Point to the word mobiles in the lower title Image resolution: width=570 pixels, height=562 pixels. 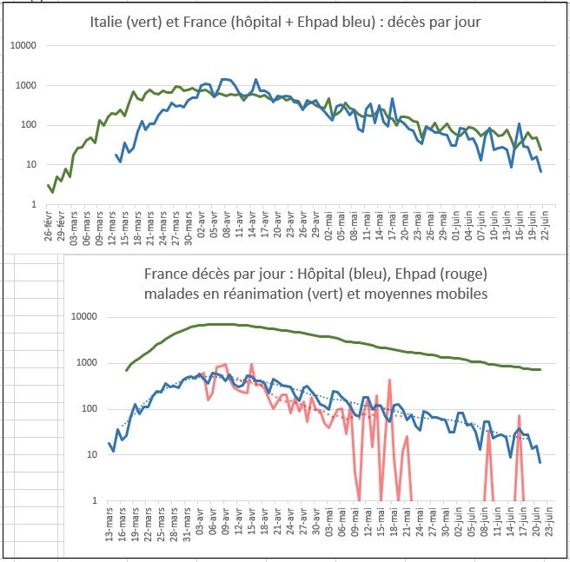[x=461, y=294]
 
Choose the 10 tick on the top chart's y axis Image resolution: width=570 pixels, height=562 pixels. [x=35, y=165]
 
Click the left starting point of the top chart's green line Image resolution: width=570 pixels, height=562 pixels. [x=49, y=185]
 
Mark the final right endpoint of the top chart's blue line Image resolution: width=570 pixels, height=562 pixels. [x=540, y=171]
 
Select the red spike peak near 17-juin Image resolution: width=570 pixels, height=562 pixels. [x=519, y=416]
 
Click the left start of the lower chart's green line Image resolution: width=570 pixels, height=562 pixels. [x=127, y=371]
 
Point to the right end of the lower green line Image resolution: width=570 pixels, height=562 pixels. [x=540, y=370]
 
